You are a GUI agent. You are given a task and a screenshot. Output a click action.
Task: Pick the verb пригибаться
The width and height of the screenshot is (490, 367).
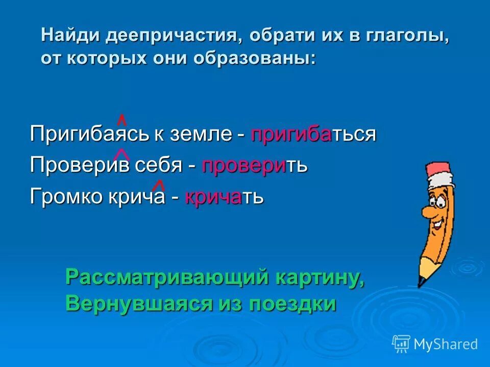(x=313, y=135)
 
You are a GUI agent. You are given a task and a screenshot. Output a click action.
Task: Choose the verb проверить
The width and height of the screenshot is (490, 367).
(x=255, y=166)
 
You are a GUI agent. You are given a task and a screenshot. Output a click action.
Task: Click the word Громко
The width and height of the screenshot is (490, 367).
(x=66, y=197)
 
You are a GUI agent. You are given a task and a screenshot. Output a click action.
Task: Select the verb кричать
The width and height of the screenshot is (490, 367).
(x=224, y=197)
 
